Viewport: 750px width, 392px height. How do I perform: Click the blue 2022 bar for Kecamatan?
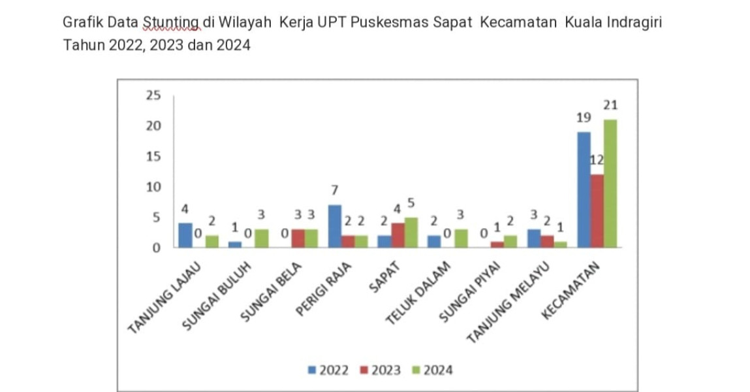coord(584,189)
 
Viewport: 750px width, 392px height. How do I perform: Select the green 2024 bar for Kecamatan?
coord(610,183)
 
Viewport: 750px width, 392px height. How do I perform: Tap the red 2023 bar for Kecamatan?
coord(597,211)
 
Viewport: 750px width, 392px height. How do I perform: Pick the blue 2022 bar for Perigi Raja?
coord(334,226)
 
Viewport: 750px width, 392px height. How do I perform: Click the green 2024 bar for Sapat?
coord(411,233)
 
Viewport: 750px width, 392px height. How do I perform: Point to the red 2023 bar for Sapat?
coord(398,235)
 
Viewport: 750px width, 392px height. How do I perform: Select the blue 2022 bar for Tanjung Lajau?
coord(185,235)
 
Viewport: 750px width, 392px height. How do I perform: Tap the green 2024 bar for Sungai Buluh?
coord(261,238)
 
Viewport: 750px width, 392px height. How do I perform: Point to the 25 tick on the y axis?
coord(153,95)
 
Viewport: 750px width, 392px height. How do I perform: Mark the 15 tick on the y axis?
coord(153,157)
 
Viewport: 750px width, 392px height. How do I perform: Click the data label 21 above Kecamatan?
coord(611,105)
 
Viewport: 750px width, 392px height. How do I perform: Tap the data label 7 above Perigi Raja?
coord(334,190)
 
